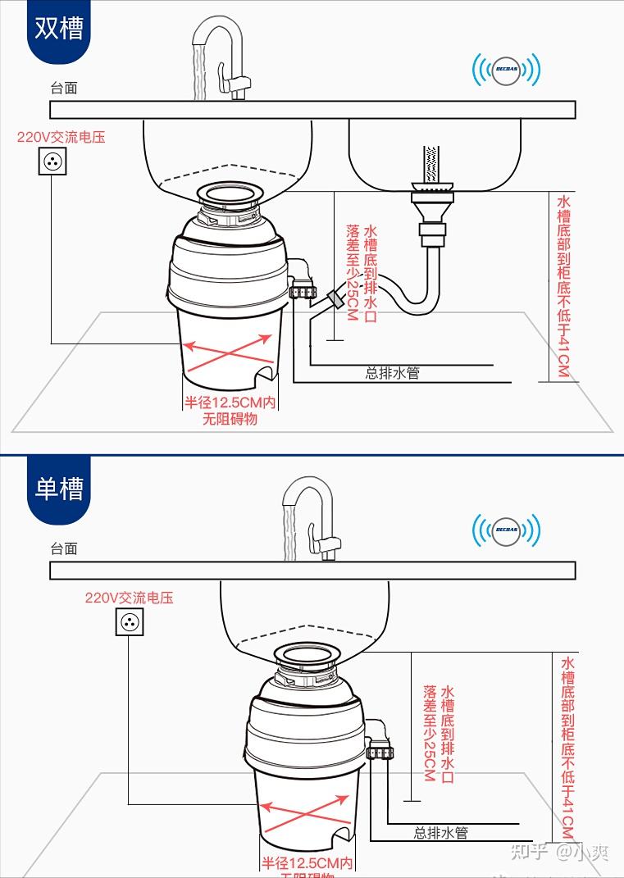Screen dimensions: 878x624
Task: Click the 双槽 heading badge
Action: click(58, 30)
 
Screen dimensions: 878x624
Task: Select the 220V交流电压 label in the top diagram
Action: click(61, 137)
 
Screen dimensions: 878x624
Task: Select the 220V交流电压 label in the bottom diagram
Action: click(129, 598)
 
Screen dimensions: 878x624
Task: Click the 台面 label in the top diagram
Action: click(63, 89)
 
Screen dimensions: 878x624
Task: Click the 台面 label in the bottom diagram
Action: click(63, 548)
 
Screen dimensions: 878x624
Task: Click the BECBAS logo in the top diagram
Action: click(506, 71)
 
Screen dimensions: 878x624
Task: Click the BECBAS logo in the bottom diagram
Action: click(506, 531)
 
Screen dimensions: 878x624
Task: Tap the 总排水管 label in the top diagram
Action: click(392, 373)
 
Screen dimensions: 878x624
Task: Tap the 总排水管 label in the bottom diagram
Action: click(440, 833)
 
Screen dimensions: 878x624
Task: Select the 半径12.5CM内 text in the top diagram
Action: click(230, 403)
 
